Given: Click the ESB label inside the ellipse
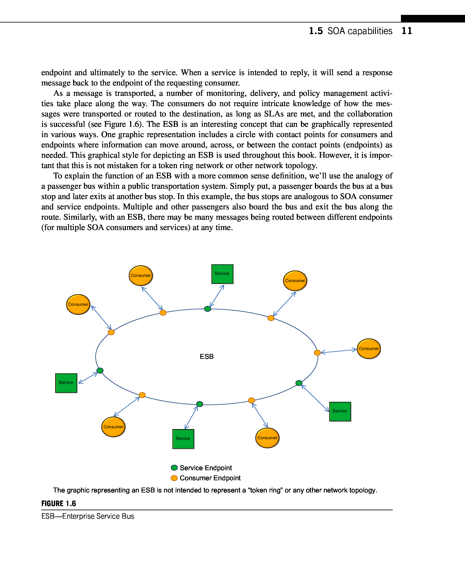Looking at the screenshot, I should pyautogui.click(x=206, y=356).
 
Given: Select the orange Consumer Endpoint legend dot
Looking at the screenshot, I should pyautogui.click(x=174, y=478).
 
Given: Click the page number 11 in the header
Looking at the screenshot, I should pyautogui.click(x=407, y=31).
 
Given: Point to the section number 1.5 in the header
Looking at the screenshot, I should pyautogui.click(x=316, y=31).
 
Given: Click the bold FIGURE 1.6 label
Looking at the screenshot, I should pyautogui.click(x=59, y=503).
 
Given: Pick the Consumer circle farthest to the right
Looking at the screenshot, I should pyautogui.click(x=369, y=349).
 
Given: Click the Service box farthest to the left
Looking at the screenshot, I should pyautogui.click(x=66, y=383).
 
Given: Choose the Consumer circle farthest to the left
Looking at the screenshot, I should pyautogui.click(x=78, y=305).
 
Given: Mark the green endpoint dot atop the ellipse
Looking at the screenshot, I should pyautogui.click(x=207, y=309).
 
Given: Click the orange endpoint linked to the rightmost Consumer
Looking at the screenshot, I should pyautogui.click(x=317, y=352).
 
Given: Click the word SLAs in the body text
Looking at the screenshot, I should pyautogui.click(x=274, y=114).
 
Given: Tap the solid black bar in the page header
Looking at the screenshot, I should pyautogui.click(x=433, y=18).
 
